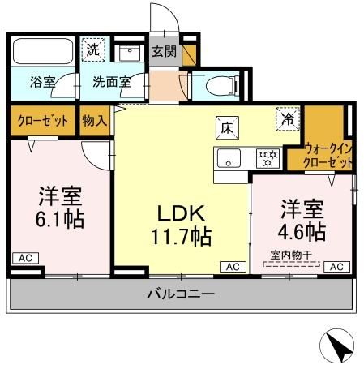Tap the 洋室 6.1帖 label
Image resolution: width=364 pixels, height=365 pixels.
pyautogui.click(x=60, y=208)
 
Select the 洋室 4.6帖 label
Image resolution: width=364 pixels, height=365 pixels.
pyautogui.click(x=303, y=220)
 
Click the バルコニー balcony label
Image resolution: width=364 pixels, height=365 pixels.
pyautogui.click(x=182, y=294)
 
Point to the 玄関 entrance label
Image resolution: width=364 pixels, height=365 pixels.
pyautogui.click(x=165, y=52)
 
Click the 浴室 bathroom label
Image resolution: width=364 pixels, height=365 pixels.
pyautogui.click(x=42, y=82)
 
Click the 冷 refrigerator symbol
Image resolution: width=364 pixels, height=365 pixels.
pyautogui.click(x=287, y=118)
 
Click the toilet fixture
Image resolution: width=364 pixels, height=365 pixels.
pyautogui.click(x=220, y=85)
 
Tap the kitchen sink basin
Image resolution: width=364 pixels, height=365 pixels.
pyautogui.click(x=228, y=157)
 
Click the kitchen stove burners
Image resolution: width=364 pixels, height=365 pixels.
pyautogui.click(x=266, y=157)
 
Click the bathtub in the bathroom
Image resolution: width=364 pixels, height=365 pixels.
pyautogui.click(x=43, y=51)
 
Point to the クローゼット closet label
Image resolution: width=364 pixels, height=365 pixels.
pyautogui.click(x=42, y=120)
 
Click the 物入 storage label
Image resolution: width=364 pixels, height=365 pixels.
pyautogui.click(x=95, y=120)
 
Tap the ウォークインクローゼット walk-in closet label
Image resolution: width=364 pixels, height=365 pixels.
pyautogui.click(x=329, y=155)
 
